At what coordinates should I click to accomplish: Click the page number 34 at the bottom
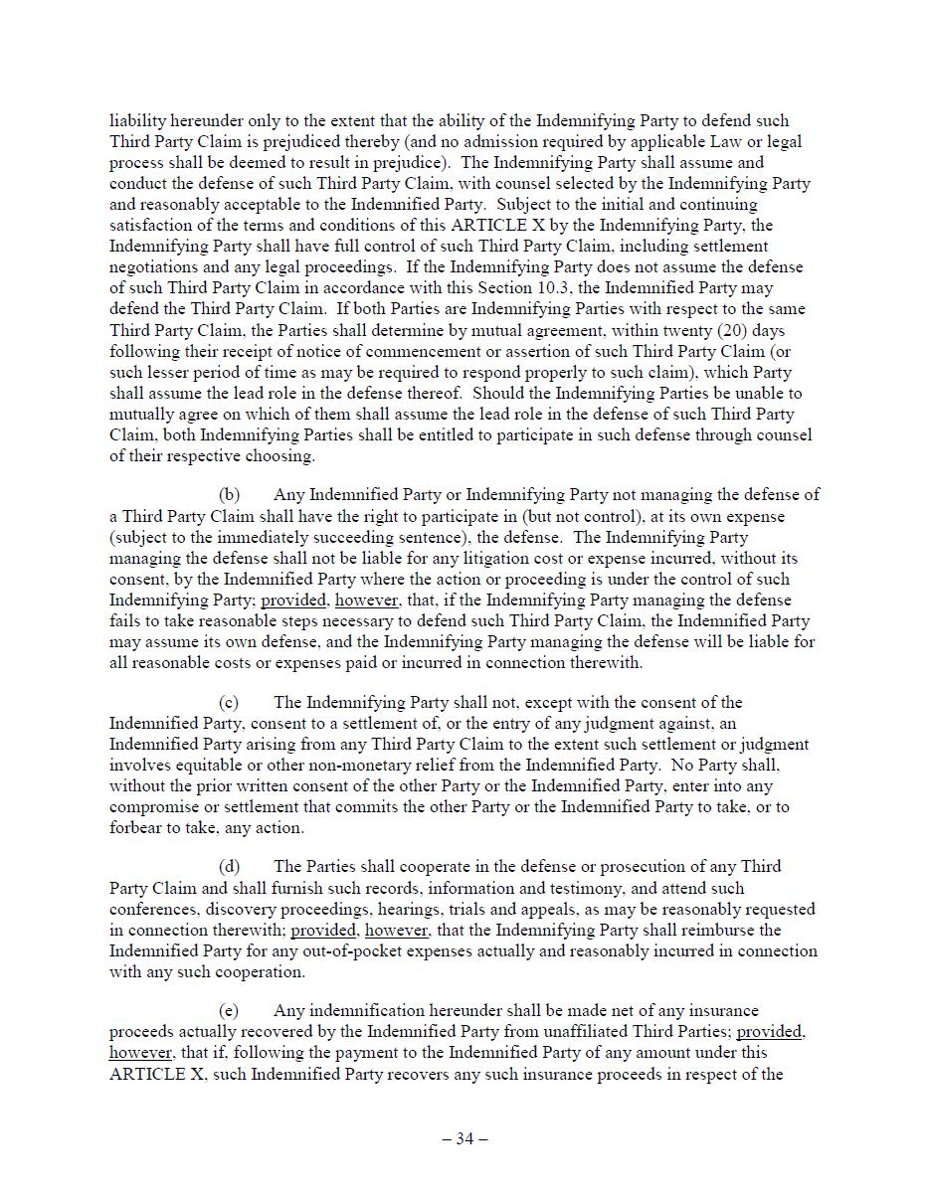tap(464, 1139)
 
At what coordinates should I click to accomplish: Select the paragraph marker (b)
tap(229, 495)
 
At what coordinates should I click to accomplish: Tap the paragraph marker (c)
tap(229, 703)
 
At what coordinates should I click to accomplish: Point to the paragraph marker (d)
tap(229, 867)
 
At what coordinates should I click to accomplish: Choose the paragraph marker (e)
tap(229, 1011)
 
